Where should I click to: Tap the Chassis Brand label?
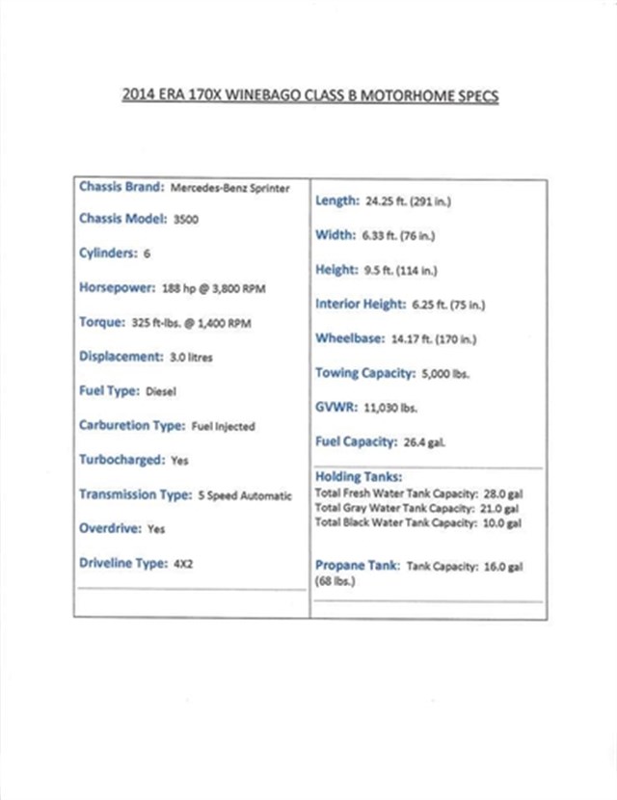point(121,187)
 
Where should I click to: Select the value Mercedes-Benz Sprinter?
point(229,188)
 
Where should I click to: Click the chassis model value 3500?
point(185,220)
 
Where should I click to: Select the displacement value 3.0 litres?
point(191,357)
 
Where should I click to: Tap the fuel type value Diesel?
point(161,391)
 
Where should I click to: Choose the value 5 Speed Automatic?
point(244,495)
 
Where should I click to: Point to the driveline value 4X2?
point(183,564)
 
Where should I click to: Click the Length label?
point(336,200)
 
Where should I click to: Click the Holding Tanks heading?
point(359,476)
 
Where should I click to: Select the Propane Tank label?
point(357,566)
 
